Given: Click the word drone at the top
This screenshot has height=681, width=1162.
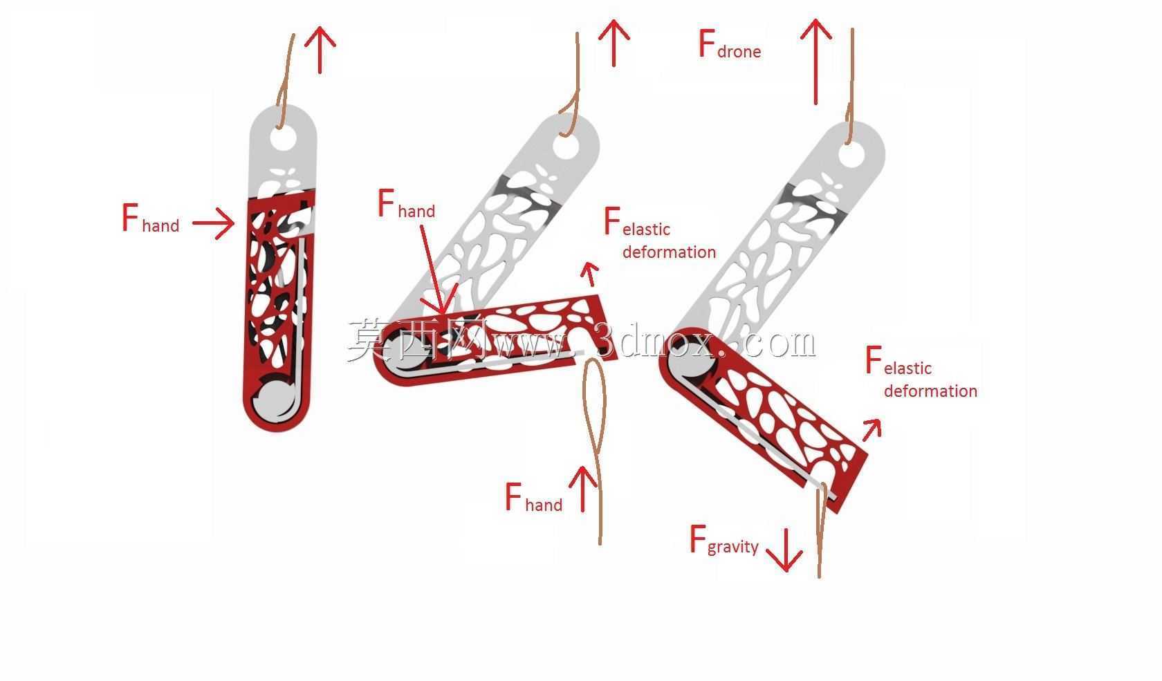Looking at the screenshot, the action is pos(739,51).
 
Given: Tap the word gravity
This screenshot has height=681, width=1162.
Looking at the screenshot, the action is pos(733,547).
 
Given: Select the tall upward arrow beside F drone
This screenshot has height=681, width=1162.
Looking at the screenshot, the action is pos(816,62).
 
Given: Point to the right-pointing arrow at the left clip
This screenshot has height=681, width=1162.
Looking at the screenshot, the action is pos(213,223).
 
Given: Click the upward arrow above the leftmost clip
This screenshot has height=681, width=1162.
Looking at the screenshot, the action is pos(320,50).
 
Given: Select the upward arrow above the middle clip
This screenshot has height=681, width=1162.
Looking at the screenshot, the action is pos(614,43).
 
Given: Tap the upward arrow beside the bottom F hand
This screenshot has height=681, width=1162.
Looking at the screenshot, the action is pos(583,489).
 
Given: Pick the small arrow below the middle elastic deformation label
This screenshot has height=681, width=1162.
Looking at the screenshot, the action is pos(591,274).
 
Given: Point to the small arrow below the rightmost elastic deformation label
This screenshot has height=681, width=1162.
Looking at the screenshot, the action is pos(872,429).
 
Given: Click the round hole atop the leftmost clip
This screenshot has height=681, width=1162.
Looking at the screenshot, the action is pos(284,138).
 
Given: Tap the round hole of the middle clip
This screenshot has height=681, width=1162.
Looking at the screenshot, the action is pos(566,145).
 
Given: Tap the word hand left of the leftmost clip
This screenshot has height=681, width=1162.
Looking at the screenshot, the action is pos(160,225).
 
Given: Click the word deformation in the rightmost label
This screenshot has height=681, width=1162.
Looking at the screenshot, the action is pos(931,391).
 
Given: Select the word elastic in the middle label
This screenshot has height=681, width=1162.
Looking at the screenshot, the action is pos(646,230).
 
